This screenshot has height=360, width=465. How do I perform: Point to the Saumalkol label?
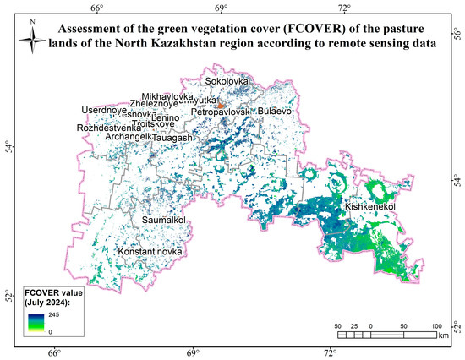click(163, 221)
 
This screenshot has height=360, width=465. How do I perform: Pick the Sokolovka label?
click(227, 82)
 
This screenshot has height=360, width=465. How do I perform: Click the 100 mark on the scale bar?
click(436, 325)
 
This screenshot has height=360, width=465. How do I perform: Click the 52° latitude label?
click(8, 295)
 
